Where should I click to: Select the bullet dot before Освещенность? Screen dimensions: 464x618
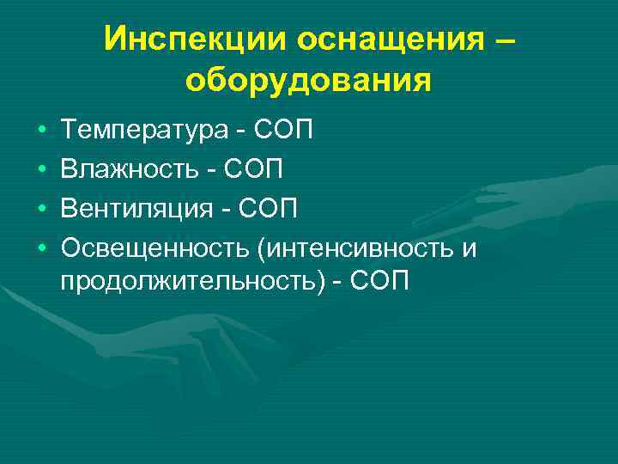(x=42, y=248)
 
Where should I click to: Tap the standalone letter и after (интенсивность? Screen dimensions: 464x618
(x=469, y=249)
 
